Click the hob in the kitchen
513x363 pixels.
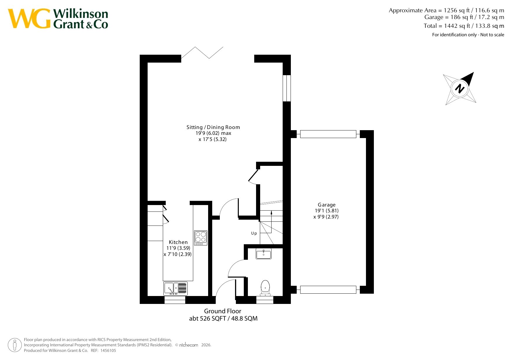click(x=201, y=238)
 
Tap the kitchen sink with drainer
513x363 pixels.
click(x=175, y=288)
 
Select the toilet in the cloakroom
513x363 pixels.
click(x=265, y=288)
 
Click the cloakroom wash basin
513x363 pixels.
click(x=264, y=254)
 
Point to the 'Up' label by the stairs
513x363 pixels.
click(x=254, y=233)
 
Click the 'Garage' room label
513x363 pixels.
click(x=327, y=205)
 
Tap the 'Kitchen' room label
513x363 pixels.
click(x=178, y=242)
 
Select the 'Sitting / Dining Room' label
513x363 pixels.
click(x=213, y=127)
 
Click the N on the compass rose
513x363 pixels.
click(x=460, y=88)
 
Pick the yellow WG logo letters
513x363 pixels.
click(x=29, y=18)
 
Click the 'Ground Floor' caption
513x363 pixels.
click(x=223, y=311)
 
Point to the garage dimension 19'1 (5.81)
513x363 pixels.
click(x=327, y=211)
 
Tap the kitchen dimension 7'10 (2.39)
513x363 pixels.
click(x=178, y=254)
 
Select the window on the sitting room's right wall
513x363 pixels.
click(x=287, y=88)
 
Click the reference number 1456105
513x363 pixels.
click(x=108, y=350)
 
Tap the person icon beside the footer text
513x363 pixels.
click(x=15, y=345)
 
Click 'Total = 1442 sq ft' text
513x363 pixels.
click(x=447, y=26)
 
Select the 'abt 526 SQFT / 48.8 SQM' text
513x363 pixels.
click(x=223, y=319)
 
